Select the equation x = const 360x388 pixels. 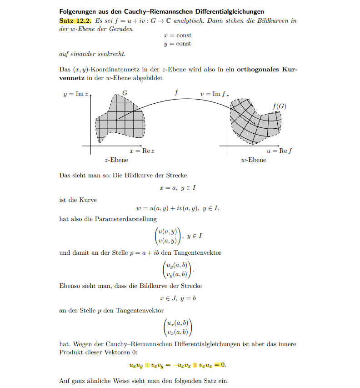tap(177, 35)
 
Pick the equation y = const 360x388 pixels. tap(177, 44)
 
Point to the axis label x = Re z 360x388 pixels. tap(142, 151)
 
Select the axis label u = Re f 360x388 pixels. tap(279, 151)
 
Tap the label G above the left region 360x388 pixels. tap(125, 93)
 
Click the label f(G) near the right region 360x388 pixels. tap(279, 106)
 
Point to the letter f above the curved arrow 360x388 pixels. tap(176, 92)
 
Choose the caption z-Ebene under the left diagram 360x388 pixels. tap(116, 160)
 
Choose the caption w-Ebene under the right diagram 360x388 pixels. tap(254, 160)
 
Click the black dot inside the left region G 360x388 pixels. tap(116, 120)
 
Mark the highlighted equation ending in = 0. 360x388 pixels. tap(177, 365)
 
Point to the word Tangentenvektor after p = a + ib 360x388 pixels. tap(200, 252)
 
